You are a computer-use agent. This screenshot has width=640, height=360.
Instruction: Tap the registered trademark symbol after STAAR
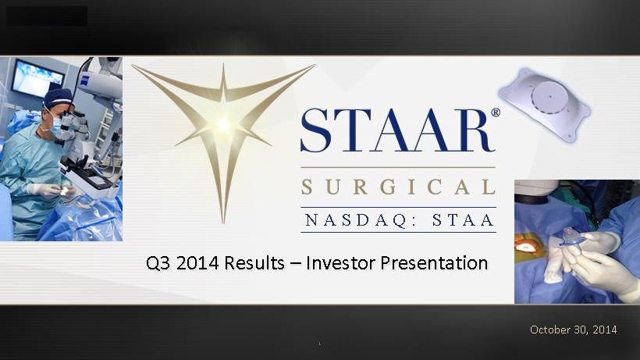[495, 112]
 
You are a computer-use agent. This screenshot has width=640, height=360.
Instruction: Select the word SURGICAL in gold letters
[398, 187]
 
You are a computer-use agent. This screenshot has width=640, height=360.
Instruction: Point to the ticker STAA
[464, 220]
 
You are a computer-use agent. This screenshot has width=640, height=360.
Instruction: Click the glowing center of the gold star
[223, 124]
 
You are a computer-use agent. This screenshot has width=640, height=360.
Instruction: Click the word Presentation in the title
[434, 263]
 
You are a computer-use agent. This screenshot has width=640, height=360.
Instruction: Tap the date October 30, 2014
[573, 330]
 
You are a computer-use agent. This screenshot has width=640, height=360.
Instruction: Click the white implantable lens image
[545, 105]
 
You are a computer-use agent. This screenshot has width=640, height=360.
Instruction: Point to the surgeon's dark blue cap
[58, 98]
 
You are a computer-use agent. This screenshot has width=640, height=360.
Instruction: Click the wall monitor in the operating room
[37, 78]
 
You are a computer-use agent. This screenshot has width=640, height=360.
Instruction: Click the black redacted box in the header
[47, 16]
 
